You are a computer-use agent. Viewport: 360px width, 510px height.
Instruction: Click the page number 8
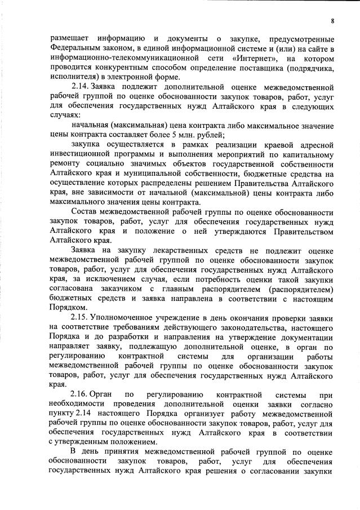click(x=332, y=21)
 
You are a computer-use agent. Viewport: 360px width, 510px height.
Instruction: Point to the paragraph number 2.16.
click(x=79, y=396)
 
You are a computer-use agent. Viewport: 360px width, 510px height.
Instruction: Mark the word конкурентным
click(x=118, y=67)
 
